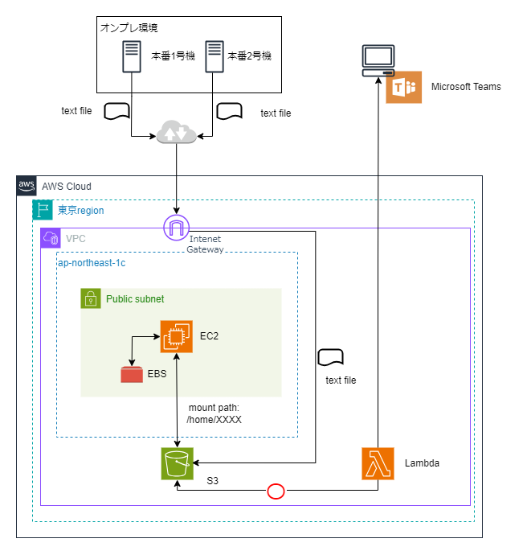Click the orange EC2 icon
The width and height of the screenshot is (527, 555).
pyautogui.click(x=176, y=336)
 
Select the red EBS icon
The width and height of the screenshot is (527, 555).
pyautogui.click(x=131, y=374)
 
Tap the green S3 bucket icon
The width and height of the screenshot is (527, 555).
pyautogui.click(x=176, y=464)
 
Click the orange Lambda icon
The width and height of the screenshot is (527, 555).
pyautogui.click(x=378, y=464)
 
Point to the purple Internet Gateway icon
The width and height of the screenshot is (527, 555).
pyautogui.click(x=175, y=228)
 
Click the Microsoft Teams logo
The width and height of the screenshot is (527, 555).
pyautogui.click(x=403, y=87)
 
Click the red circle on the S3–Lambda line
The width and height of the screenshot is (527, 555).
pyautogui.click(x=276, y=491)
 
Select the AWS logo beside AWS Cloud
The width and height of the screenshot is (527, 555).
pyautogui.click(x=27, y=185)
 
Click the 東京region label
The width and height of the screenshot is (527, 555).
pyautogui.click(x=80, y=210)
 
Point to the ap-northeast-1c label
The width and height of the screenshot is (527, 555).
pyautogui.click(x=92, y=262)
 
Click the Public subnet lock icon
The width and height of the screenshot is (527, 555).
pyautogui.click(x=91, y=298)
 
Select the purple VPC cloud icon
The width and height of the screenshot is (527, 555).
pyautogui.click(x=51, y=238)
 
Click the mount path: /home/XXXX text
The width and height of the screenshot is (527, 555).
pyautogui.click(x=214, y=413)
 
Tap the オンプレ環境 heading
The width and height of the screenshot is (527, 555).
pyautogui.click(x=129, y=28)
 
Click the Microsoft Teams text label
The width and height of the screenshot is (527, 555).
pyautogui.click(x=466, y=87)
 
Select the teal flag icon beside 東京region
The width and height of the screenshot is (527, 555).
pyautogui.click(x=43, y=210)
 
